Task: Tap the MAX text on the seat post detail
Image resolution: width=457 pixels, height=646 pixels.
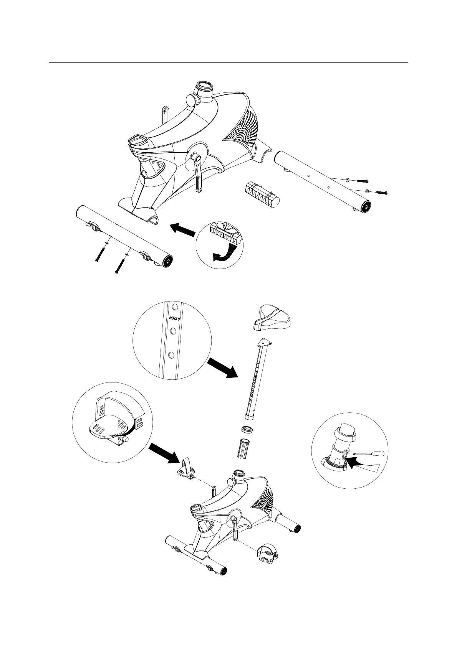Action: coord(174,317)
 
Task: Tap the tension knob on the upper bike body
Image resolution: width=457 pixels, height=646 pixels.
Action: coord(192,100)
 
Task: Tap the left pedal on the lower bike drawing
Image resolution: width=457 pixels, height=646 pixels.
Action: coord(185,468)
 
